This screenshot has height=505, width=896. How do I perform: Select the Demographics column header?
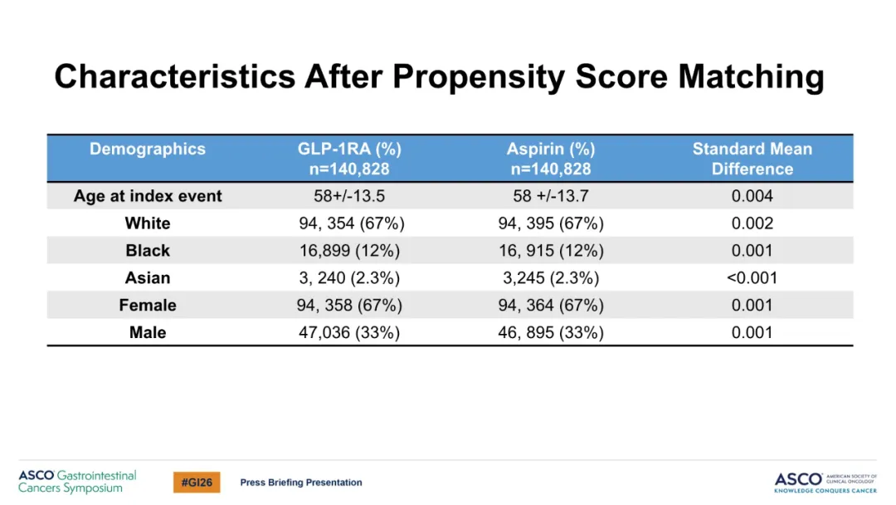[x=148, y=149]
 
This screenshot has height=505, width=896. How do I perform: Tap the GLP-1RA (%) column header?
[x=349, y=150]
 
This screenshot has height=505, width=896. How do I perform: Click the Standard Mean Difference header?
[x=752, y=159]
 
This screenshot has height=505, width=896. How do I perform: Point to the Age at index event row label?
[x=148, y=196]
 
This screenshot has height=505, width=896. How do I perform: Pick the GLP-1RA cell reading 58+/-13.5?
[x=349, y=196]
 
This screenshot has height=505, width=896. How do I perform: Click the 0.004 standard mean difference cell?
[x=752, y=196]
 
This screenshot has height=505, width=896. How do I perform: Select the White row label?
[x=148, y=223]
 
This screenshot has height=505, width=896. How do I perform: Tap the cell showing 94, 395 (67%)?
[x=551, y=223]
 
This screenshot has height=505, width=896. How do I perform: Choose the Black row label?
[x=148, y=251]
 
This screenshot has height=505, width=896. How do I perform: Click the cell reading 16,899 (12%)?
[x=349, y=251]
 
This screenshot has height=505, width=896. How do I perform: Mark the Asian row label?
[x=148, y=278]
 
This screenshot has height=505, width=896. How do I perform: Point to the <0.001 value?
[x=752, y=278]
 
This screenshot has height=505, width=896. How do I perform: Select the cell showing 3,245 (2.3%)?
[x=551, y=278]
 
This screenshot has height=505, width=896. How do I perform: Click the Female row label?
[x=148, y=306]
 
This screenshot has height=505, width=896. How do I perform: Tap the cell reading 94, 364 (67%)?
[x=551, y=306]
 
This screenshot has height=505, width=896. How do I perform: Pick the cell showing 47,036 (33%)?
[x=349, y=333]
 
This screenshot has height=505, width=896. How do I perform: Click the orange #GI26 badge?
[x=197, y=482]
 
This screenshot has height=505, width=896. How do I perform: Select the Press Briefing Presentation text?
[x=301, y=483]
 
